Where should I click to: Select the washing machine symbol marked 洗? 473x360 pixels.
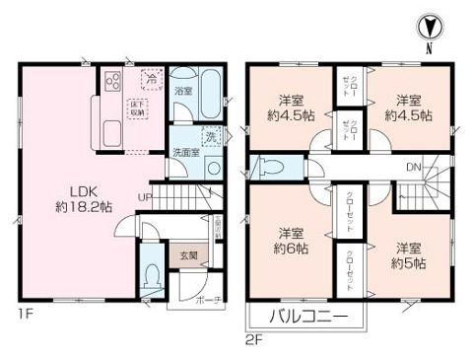pos(209,136)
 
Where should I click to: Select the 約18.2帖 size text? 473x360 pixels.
pos(68,209)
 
